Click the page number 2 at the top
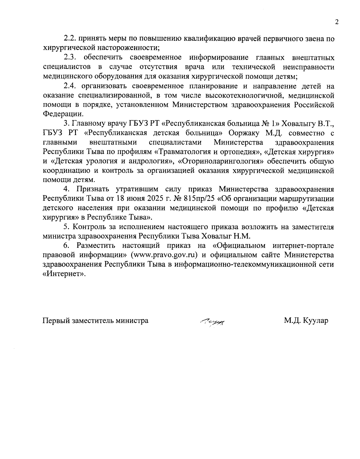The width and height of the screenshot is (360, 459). pyautogui.click(x=336, y=22)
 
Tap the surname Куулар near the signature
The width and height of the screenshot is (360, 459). pyautogui.click(x=316, y=320)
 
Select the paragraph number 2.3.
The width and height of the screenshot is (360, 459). pyautogui.click(x=71, y=57)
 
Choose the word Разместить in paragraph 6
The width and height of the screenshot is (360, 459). pyautogui.click(x=97, y=246)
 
